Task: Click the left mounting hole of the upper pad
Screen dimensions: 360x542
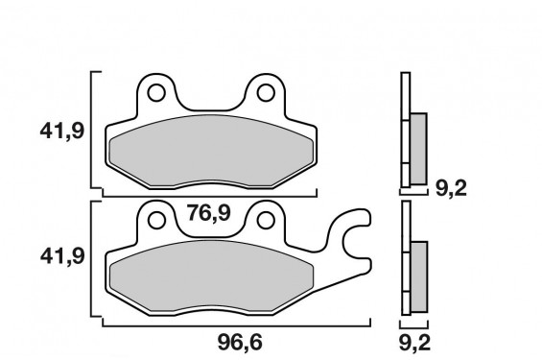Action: click(156, 94)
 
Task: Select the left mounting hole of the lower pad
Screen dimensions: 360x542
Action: click(156, 220)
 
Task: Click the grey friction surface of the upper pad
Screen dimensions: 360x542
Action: click(211, 154)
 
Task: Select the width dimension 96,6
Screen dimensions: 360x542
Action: click(234, 340)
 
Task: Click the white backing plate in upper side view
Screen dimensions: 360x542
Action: click(405, 130)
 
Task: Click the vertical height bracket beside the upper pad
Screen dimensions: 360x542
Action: click(91, 130)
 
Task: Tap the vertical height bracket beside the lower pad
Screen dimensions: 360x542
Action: click(91, 259)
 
